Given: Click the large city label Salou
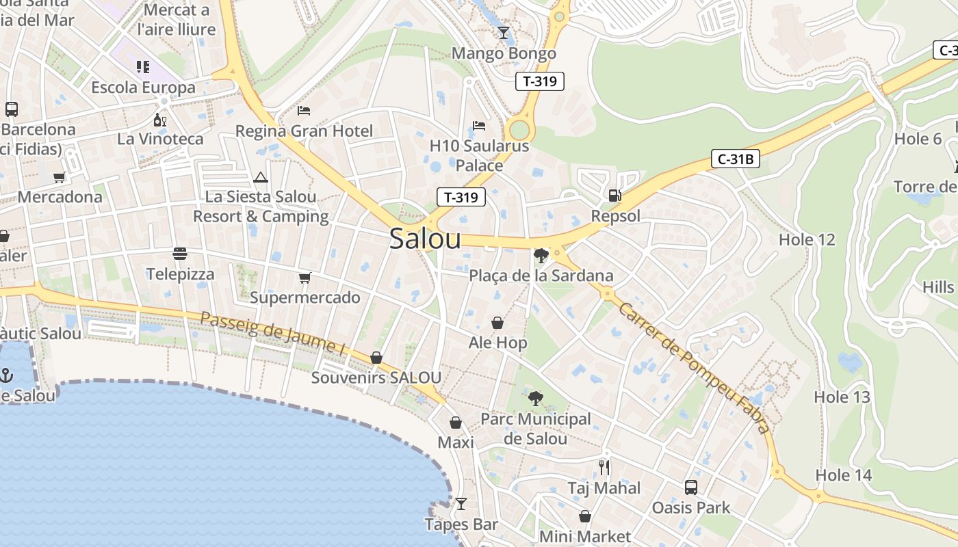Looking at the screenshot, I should pyautogui.click(x=425, y=239).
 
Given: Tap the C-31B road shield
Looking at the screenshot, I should pyautogui.click(x=736, y=159).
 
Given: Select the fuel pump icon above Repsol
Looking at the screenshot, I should pyautogui.click(x=615, y=196).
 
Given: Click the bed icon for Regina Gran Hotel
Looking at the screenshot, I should pyautogui.click(x=304, y=110).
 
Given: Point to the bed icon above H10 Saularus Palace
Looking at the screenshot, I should pyautogui.click(x=479, y=126).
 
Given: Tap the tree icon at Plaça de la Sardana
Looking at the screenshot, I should pyautogui.click(x=541, y=256).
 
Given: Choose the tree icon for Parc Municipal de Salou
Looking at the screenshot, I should pyautogui.click(x=535, y=398).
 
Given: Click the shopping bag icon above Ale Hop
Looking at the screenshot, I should pyautogui.click(x=497, y=322).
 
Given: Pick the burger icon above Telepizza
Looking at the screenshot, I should pyautogui.click(x=180, y=254).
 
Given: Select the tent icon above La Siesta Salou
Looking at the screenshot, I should pyautogui.click(x=260, y=178).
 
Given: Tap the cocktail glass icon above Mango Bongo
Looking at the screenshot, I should pyautogui.click(x=504, y=32).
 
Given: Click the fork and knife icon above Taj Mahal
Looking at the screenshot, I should pyautogui.click(x=604, y=467).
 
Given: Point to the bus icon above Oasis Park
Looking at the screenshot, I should pyautogui.click(x=691, y=488).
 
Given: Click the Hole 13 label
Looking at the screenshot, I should pyautogui.click(x=842, y=397).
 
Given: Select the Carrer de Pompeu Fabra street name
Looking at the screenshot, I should pyautogui.click(x=694, y=367).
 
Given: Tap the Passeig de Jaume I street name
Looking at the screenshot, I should pyautogui.click(x=273, y=333).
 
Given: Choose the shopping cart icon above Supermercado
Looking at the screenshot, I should pyautogui.click(x=305, y=278).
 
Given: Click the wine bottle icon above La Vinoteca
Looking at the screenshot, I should pyautogui.click(x=160, y=120).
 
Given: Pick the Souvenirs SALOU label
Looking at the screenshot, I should pyautogui.click(x=376, y=377).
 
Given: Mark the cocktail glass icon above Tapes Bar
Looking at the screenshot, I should pyautogui.click(x=461, y=504).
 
